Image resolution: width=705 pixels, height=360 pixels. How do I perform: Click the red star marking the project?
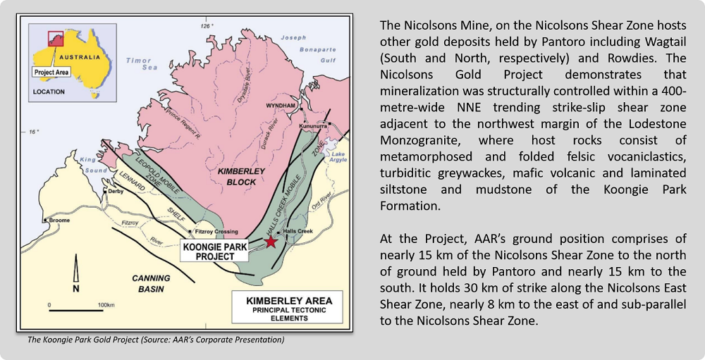[271, 242]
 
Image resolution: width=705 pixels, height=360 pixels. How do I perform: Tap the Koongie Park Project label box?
[214, 252]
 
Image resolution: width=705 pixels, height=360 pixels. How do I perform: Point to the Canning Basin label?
[151, 283]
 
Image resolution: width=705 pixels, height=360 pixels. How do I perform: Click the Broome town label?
[59, 221]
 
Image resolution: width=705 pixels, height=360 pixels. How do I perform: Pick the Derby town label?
[116, 192]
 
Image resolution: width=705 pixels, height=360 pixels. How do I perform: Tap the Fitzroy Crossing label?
[216, 232]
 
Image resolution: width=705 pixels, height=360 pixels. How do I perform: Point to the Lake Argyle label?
[338, 157]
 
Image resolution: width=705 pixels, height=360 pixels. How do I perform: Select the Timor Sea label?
[142, 64]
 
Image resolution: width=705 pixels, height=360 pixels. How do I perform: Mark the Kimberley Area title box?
[288, 307]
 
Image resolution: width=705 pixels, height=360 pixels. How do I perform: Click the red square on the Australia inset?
[56, 39]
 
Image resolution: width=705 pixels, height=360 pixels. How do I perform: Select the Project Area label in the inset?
[51, 73]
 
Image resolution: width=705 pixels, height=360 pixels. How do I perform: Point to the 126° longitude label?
[207, 26]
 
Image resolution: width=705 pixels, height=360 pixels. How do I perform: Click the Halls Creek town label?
[298, 231]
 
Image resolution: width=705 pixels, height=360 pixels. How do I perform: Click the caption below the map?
[156, 340]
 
